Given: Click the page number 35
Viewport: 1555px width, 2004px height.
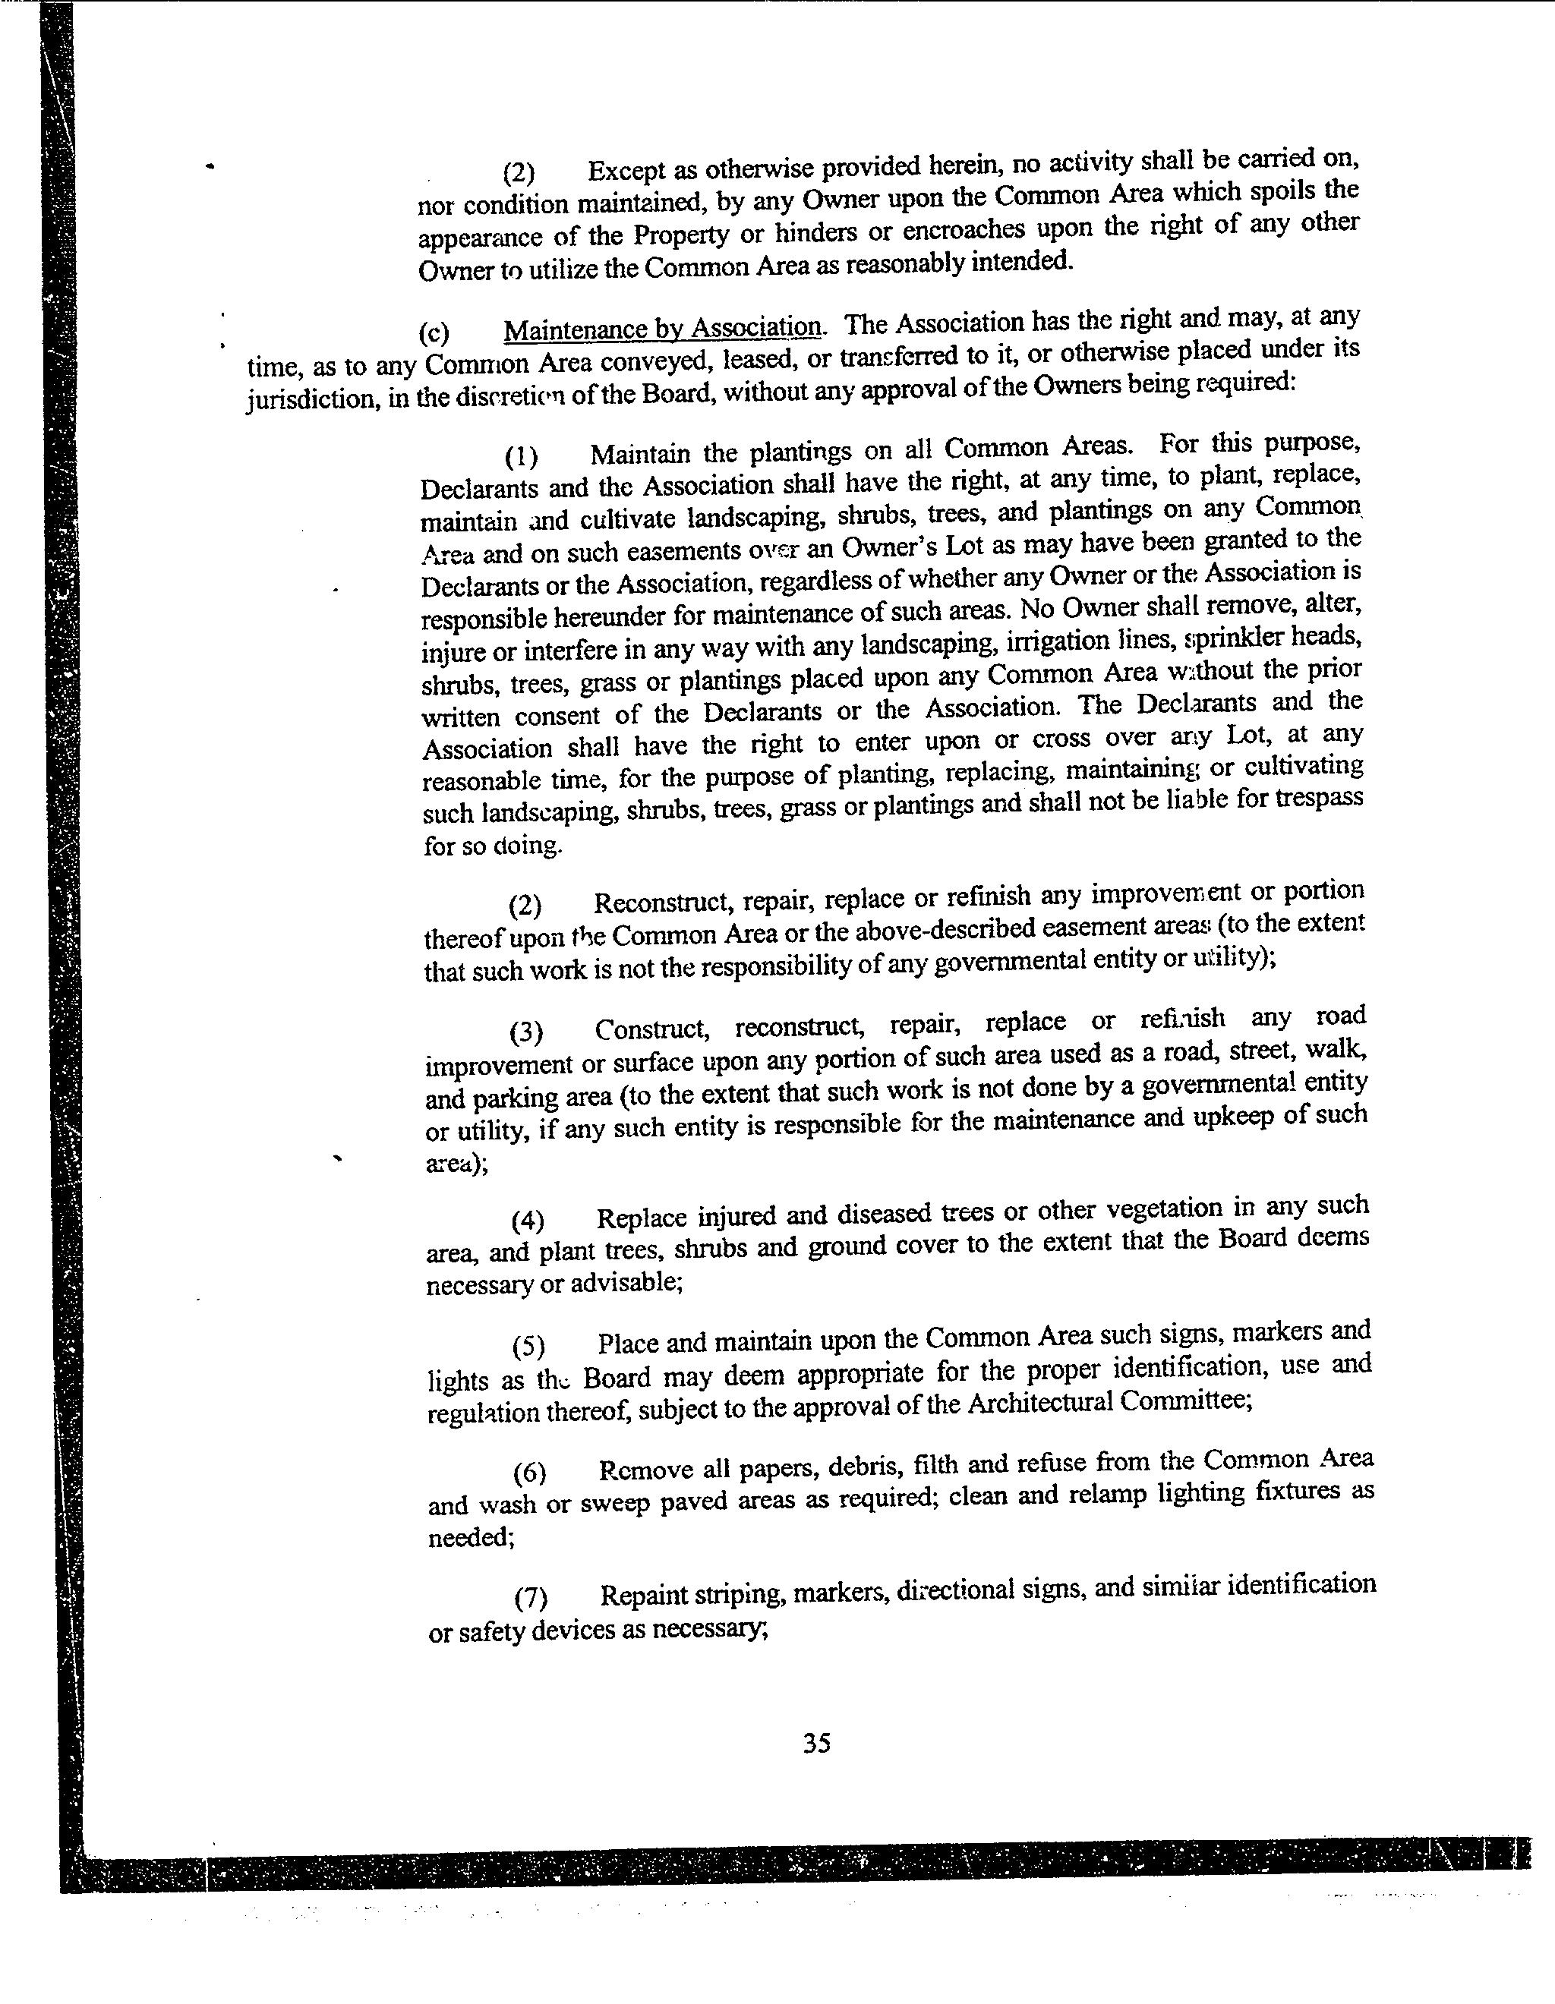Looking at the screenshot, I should click(x=816, y=1742).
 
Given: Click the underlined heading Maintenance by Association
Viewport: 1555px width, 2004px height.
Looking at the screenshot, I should click(x=663, y=328).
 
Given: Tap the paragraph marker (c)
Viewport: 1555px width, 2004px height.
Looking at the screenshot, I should click(x=434, y=334).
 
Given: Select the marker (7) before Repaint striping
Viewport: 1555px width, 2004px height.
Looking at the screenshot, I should click(x=531, y=1598).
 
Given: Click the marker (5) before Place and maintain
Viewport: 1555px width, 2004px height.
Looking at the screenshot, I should click(x=528, y=1346).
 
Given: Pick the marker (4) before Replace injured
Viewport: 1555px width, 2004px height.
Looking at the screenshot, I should click(x=528, y=1221).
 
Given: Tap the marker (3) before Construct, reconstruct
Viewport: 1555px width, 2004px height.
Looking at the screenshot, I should click(x=526, y=1032).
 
